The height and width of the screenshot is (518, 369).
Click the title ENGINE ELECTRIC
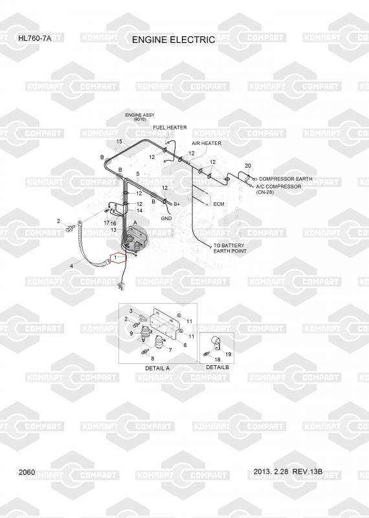click(173, 39)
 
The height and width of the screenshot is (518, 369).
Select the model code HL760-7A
click(35, 38)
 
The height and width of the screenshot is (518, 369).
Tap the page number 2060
click(27, 472)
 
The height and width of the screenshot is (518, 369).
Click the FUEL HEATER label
click(170, 128)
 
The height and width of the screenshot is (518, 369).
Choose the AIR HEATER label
click(207, 143)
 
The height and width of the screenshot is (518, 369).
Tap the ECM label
click(219, 204)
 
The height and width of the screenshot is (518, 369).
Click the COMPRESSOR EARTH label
click(285, 179)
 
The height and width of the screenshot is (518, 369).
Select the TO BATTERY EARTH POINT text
click(230, 248)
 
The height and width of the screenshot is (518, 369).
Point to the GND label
click(166, 218)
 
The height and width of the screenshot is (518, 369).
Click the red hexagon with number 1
click(118, 257)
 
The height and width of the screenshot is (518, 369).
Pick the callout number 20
click(248, 166)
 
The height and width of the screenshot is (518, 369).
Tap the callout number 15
click(119, 141)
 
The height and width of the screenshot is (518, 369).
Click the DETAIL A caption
click(157, 368)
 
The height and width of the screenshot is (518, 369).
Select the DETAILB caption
click(218, 367)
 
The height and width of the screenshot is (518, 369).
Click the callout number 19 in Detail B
click(229, 354)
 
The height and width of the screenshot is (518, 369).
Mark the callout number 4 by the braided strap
click(71, 265)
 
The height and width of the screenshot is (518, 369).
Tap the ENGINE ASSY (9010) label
click(140, 117)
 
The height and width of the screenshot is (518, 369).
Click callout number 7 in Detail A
click(170, 350)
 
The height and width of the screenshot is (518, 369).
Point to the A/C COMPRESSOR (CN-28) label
click(278, 189)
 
